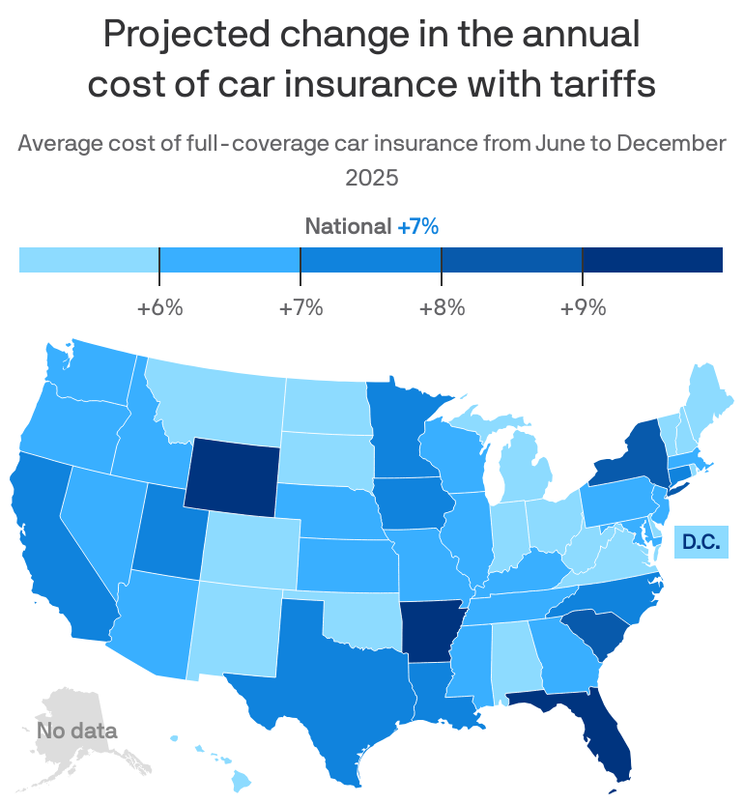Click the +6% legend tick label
point(159,308)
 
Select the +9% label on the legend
point(583,308)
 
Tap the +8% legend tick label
point(442,308)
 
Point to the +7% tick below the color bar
point(300,308)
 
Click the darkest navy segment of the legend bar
point(652,260)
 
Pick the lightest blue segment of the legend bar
point(89,260)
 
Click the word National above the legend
point(348,227)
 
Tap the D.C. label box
point(701,541)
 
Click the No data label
point(77,731)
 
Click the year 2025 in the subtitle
point(372,178)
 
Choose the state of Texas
point(333,676)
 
